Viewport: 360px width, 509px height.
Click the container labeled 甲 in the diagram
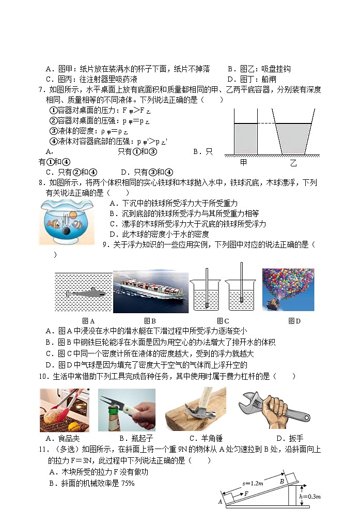click(246, 137)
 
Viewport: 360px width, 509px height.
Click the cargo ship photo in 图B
click(150, 291)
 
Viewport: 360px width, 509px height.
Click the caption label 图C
click(223, 321)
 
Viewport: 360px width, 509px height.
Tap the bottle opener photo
click(127, 410)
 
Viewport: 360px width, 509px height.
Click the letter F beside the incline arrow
click(246, 494)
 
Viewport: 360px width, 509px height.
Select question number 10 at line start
click(43, 377)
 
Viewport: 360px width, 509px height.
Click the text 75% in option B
click(127, 484)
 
